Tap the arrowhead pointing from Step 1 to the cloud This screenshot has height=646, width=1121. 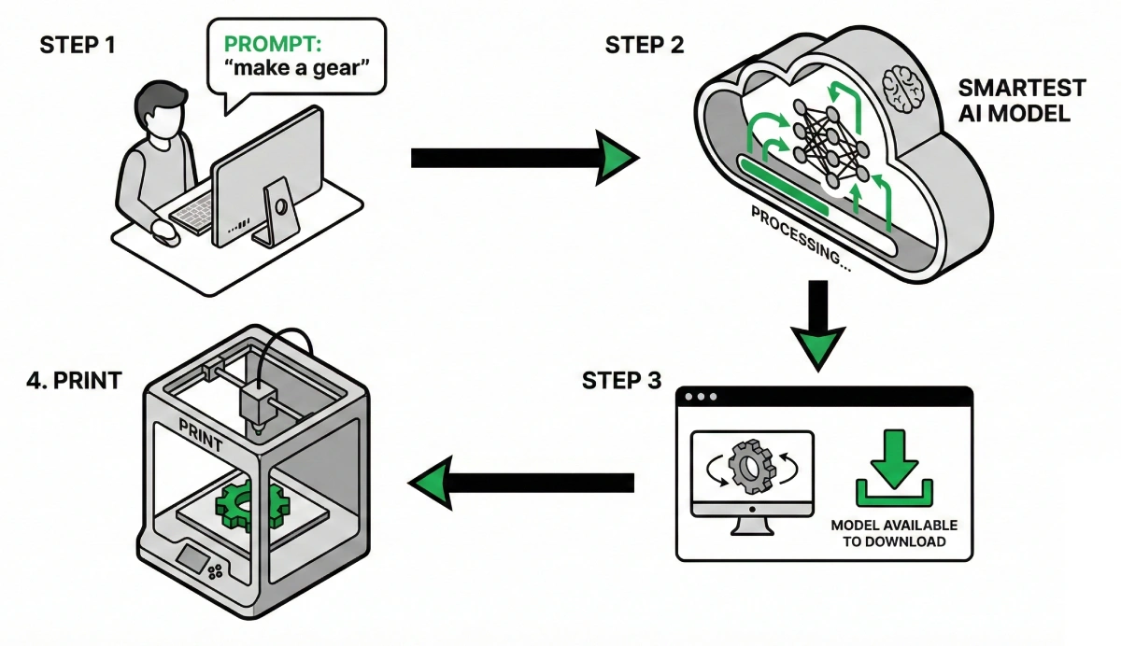[616, 159]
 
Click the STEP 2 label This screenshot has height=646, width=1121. [645, 45]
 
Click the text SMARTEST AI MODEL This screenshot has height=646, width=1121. [1022, 101]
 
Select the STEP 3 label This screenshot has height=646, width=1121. [621, 381]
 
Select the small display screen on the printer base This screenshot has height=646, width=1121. [194, 559]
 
